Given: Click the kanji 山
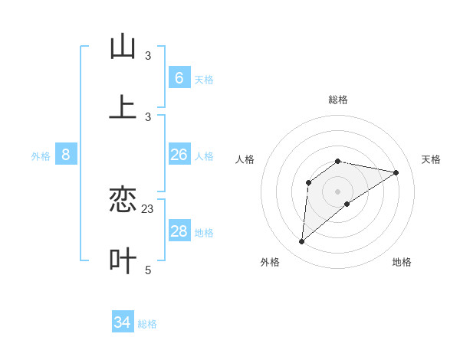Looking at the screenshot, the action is click(123, 47).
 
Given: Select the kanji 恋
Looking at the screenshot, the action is click(123, 200).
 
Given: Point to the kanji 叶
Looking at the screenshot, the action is click(123, 261).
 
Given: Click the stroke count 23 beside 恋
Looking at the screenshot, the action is click(148, 208).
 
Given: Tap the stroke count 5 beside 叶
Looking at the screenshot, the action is click(148, 270).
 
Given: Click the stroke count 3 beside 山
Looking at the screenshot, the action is click(148, 55).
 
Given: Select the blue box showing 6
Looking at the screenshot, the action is click(179, 77).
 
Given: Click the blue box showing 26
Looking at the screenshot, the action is click(179, 155).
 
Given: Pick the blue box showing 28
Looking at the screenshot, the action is click(179, 231).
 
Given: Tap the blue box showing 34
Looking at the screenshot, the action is click(123, 322).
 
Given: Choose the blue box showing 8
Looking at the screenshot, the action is click(66, 155).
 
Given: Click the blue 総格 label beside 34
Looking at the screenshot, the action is click(147, 324).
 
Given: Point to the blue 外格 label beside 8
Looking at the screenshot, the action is click(41, 156).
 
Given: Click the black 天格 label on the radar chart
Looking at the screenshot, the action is click(431, 159).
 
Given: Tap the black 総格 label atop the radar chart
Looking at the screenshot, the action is click(338, 100).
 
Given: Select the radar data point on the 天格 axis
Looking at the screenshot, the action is click(396, 172).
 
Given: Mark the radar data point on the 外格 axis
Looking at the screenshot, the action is click(301, 242).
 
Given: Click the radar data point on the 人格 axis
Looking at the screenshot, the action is click(309, 182).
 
